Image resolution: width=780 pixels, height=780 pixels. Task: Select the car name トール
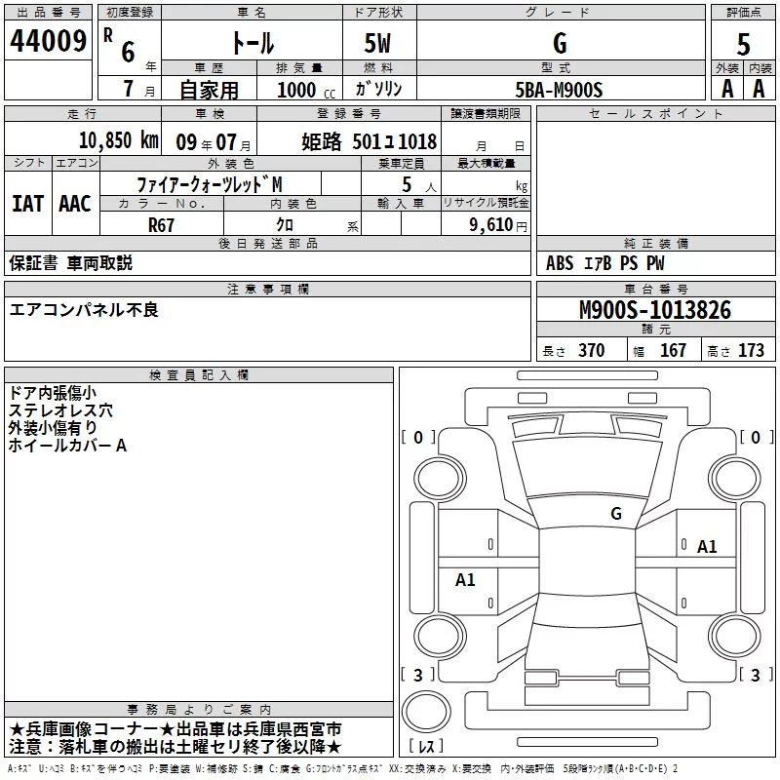click(252, 44)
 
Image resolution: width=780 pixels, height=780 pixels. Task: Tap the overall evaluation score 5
click(743, 44)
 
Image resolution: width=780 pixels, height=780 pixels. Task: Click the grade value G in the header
click(559, 44)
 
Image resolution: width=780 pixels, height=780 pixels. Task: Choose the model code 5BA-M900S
click(559, 89)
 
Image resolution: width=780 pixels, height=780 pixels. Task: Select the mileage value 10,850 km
click(117, 140)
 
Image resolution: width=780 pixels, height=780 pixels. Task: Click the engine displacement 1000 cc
click(298, 89)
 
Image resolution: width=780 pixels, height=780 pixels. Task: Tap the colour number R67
click(161, 223)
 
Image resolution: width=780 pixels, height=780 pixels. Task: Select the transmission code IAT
click(27, 204)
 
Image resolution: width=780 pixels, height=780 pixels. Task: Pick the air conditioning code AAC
click(74, 204)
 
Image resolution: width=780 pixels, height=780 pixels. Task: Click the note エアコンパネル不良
click(84, 310)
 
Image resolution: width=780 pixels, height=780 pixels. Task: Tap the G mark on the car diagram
click(615, 514)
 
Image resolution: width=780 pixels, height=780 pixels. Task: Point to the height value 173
click(751, 351)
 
